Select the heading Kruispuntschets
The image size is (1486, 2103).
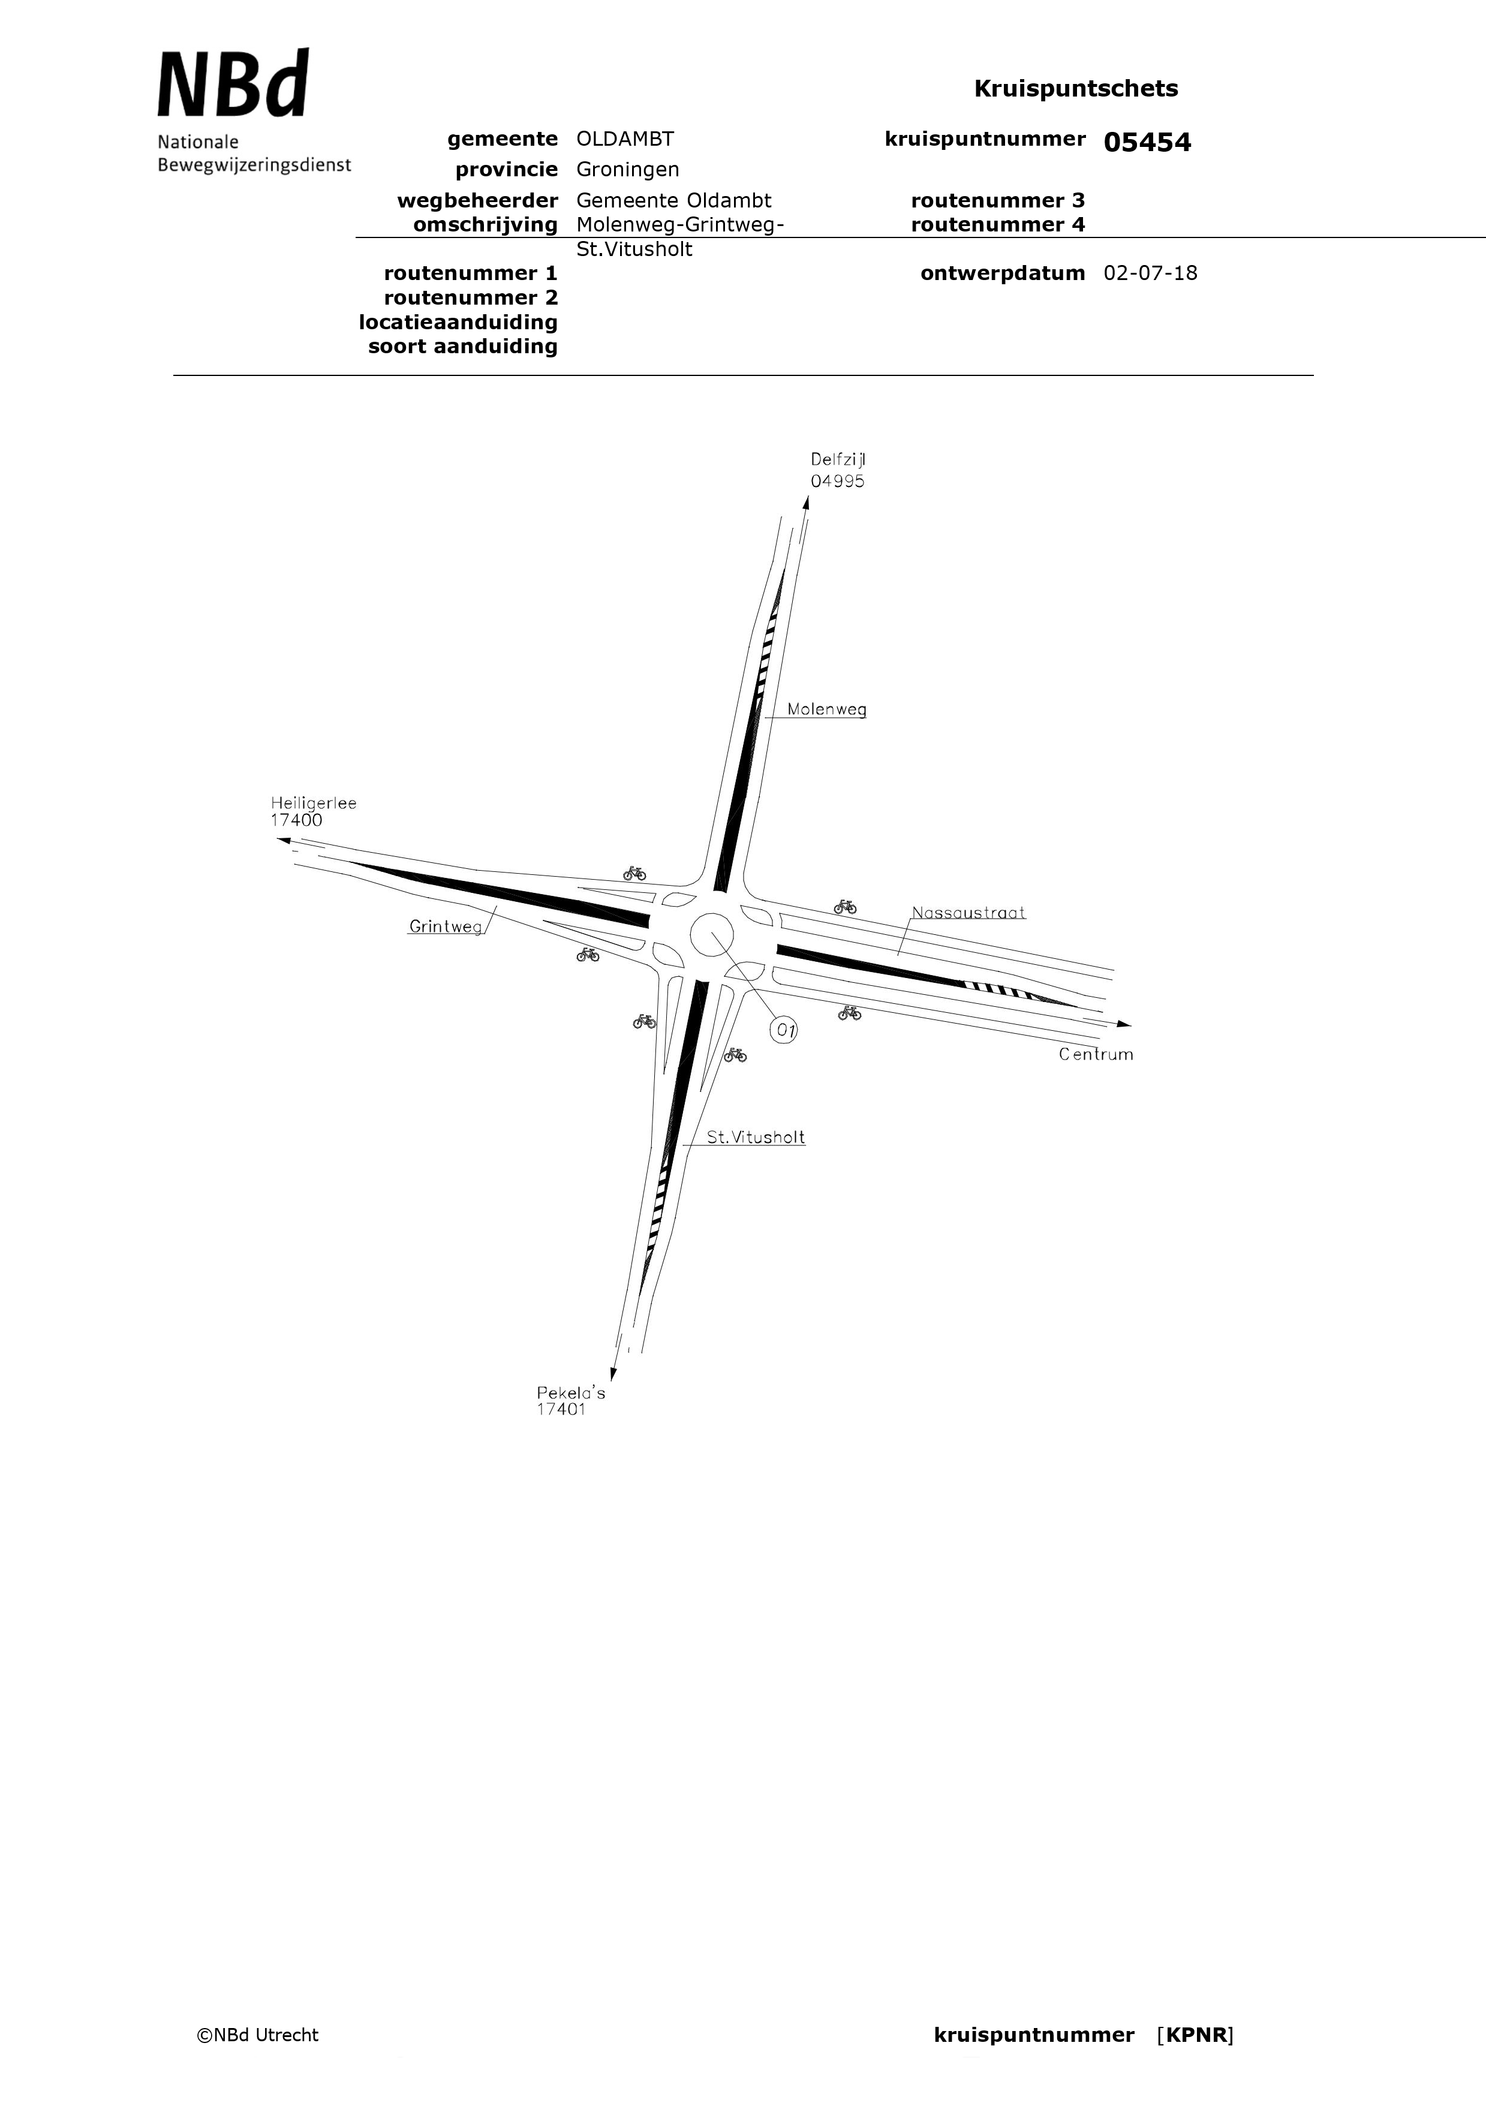pos(1076,89)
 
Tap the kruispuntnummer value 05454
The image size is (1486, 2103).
pos(1147,142)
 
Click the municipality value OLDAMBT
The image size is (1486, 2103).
pos(625,139)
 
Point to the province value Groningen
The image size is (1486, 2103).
pos(628,170)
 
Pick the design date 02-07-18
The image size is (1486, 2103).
pos(1151,273)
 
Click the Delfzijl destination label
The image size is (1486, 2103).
pos(837,460)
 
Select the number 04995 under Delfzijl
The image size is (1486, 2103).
pos(837,481)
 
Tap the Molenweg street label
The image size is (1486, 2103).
pos(826,710)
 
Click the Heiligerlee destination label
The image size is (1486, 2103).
pos(313,804)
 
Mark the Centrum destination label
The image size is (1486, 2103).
pos(1096,1054)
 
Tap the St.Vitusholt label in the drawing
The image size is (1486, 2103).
pos(756,1138)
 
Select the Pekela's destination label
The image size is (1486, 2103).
pos(571,1393)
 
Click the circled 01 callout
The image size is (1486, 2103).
pos(784,1030)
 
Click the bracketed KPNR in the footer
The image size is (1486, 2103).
pos(1196,2035)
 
